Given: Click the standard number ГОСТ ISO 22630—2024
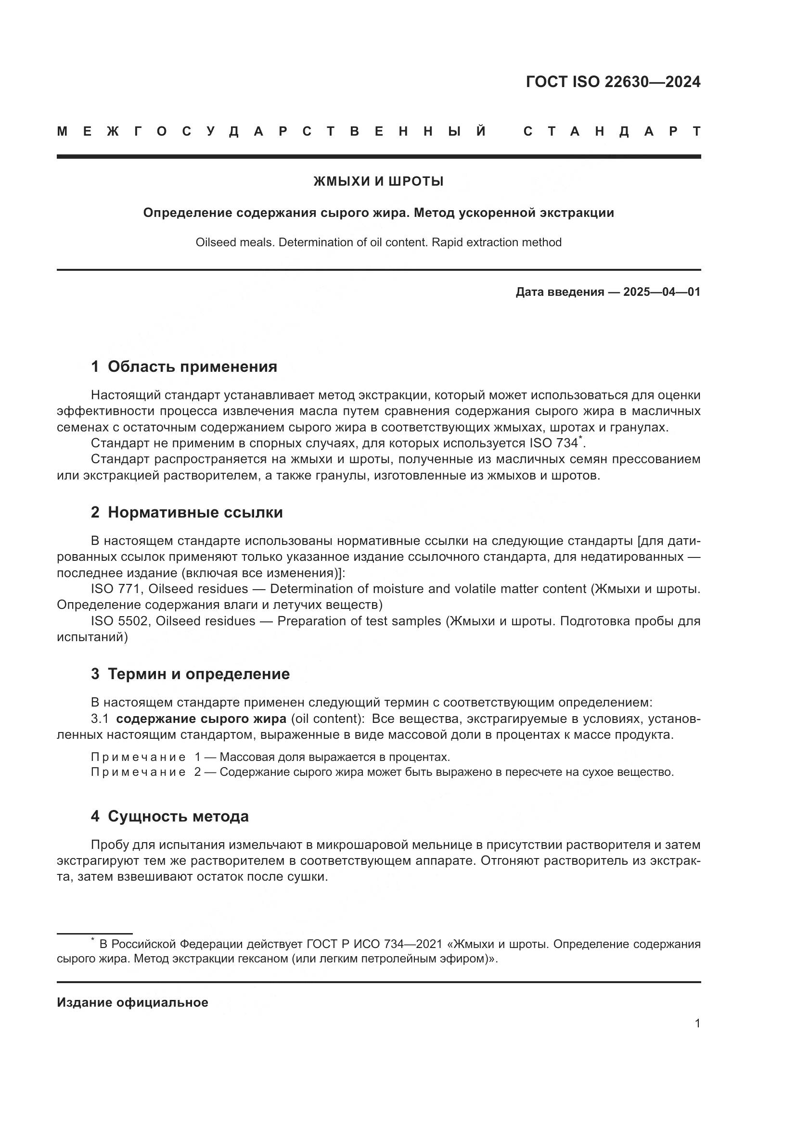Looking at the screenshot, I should (613, 82).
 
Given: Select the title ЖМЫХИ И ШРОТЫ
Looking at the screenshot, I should (378, 182).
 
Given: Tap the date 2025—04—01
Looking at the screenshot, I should (662, 292).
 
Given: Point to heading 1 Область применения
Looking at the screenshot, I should (184, 367).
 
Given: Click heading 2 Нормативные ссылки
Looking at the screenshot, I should (187, 513).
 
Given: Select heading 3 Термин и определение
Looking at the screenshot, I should (190, 674).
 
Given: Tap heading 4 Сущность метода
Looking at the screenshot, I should (169, 816).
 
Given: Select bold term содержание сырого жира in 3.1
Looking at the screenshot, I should (201, 719).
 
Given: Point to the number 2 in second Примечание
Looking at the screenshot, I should (197, 772).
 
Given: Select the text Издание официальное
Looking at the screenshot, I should (132, 1002).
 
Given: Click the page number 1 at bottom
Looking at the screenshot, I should (697, 1023).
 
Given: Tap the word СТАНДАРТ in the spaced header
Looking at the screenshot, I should (612, 132).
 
